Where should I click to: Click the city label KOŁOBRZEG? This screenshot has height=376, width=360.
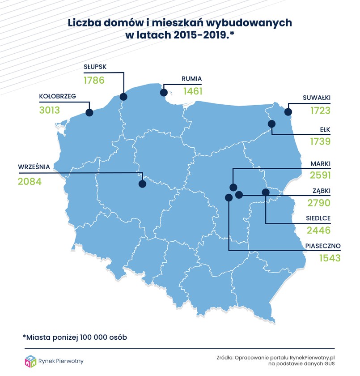click(x=58, y=96)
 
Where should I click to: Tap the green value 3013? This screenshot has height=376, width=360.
click(x=49, y=110)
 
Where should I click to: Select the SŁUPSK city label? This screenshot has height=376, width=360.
click(x=96, y=67)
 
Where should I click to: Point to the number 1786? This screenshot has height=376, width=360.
click(x=94, y=81)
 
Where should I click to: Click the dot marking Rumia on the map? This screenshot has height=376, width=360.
click(x=164, y=93)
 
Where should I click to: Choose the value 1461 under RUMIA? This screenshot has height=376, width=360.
click(x=193, y=92)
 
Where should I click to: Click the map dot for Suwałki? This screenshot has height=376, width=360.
click(x=288, y=112)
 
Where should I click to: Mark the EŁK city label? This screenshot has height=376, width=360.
click(x=324, y=129)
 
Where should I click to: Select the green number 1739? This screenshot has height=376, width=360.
click(x=320, y=142)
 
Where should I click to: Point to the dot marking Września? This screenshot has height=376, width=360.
click(x=143, y=184)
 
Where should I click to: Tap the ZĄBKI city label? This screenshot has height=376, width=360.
click(x=322, y=191)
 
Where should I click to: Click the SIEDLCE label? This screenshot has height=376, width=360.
click(x=318, y=218)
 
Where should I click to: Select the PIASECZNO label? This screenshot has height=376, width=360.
click(x=323, y=246)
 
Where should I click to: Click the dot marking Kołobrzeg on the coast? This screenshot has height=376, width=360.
click(x=89, y=112)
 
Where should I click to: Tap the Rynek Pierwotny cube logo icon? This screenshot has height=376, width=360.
click(x=30, y=361)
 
